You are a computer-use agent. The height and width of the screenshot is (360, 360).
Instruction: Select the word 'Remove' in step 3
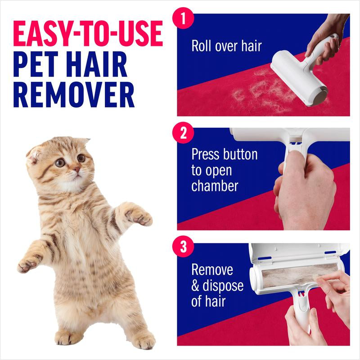(x=212, y=270)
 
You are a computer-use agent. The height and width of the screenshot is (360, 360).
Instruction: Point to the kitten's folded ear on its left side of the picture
(x=35, y=153)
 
